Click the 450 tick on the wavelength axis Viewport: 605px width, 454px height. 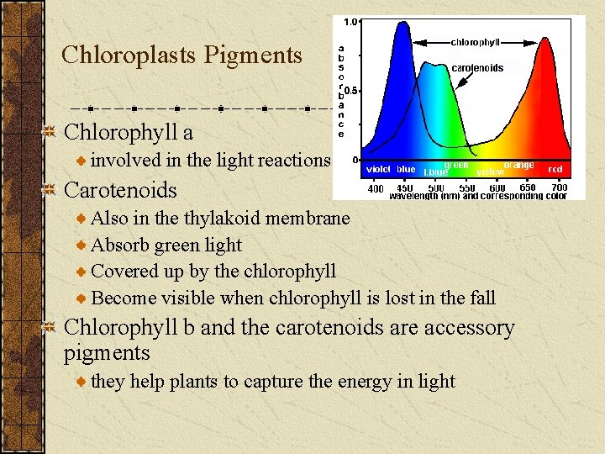[406, 187]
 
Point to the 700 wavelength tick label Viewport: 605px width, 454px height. [560, 187]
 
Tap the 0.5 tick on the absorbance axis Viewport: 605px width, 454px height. [352, 90]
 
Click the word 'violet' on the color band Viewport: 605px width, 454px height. [378, 169]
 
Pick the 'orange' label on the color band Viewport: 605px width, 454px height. [519, 165]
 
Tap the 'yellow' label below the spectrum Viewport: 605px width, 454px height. [490, 172]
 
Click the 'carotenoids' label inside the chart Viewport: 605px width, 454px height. [478, 68]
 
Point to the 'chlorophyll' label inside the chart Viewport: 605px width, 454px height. [476, 41]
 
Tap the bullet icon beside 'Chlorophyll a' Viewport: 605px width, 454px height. [50, 132]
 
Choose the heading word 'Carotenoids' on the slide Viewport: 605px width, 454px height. [120, 190]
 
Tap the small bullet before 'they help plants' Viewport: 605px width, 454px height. [82, 382]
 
